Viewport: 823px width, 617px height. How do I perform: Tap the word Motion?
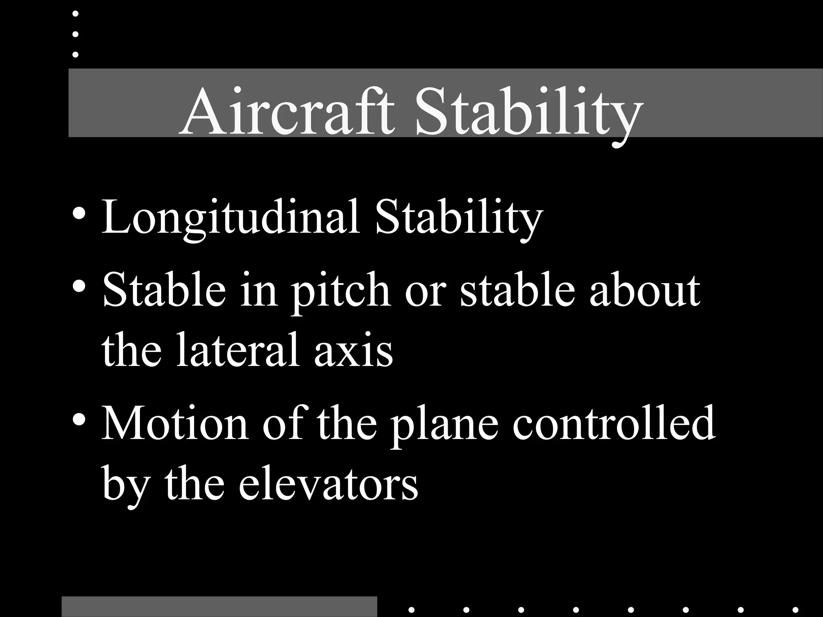tap(175, 424)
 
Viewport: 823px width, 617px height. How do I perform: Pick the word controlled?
tap(614, 423)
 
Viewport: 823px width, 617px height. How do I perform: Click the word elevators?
tap(328, 484)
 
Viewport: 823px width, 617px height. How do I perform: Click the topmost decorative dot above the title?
tap(75, 14)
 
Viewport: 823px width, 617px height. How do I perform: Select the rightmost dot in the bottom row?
tap(795, 610)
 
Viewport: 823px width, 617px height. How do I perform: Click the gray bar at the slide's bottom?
tap(219, 607)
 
